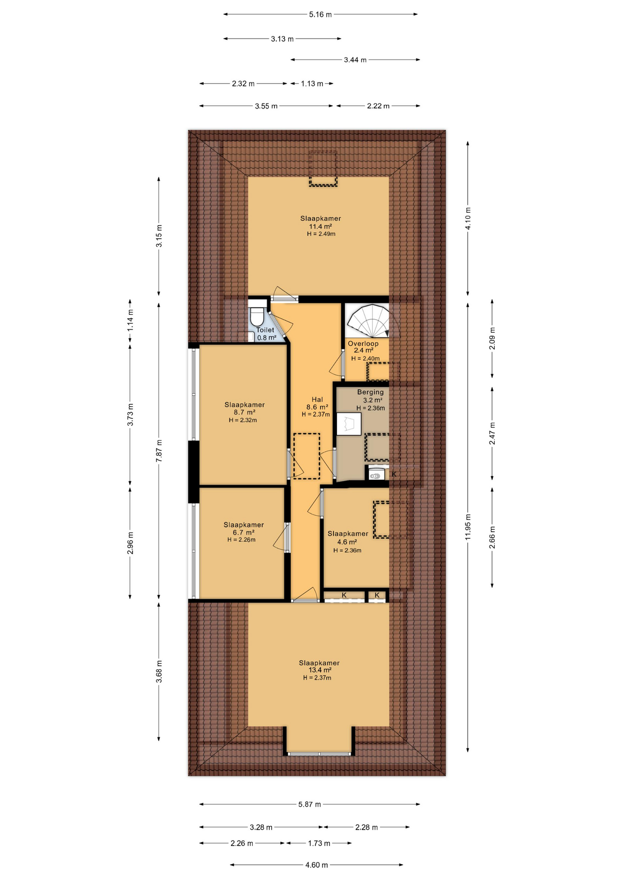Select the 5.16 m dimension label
[x=320, y=15]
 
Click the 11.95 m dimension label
[x=468, y=527]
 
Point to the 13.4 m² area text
[x=320, y=670]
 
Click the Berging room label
[x=371, y=392]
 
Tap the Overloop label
[x=363, y=343]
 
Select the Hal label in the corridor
[x=317, y=400]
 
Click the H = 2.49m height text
[x=321, y=234]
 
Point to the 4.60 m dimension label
[x=316, y=865]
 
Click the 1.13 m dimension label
[x=312, y=84]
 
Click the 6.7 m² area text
[x=243, y=532]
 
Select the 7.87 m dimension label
[x=159, y=451]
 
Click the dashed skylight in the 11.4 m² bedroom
[x=323, y=168]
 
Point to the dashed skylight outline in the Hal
[x=306, y=456]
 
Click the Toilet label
[x=265, y=330]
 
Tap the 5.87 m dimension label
[x=310, y=804]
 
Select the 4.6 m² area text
[x=347, y=542]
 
